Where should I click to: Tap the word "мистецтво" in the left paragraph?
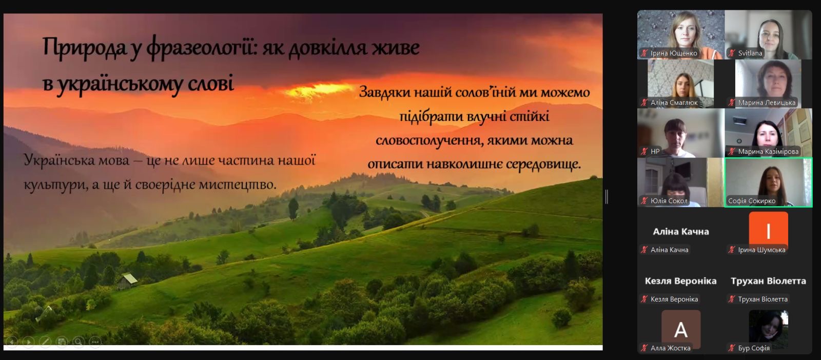coord(238,184)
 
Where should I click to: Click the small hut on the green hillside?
coord(127,281)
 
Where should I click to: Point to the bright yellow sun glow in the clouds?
coord(318,90)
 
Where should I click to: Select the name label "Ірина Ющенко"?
coord(674,53)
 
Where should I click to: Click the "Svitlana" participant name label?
coord(750,53)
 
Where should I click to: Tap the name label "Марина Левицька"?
coord(767,103)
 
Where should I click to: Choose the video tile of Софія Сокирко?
coord(768,183)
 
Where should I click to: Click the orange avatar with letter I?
coord(768,230)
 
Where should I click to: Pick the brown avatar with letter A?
coord(680,329)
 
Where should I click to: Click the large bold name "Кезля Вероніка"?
coord(680,281)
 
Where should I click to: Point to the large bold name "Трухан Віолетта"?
coord(768,281)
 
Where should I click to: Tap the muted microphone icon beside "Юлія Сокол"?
coord(644,201)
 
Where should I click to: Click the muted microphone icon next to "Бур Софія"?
coord(732,348)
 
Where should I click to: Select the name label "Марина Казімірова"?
coord(768,151)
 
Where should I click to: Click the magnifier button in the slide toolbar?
coord(78,342)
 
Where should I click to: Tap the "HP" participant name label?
coord(655,151)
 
